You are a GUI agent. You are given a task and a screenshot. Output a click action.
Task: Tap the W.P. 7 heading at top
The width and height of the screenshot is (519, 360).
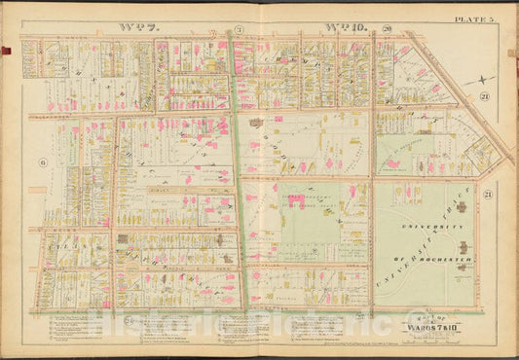pos(136,28)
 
